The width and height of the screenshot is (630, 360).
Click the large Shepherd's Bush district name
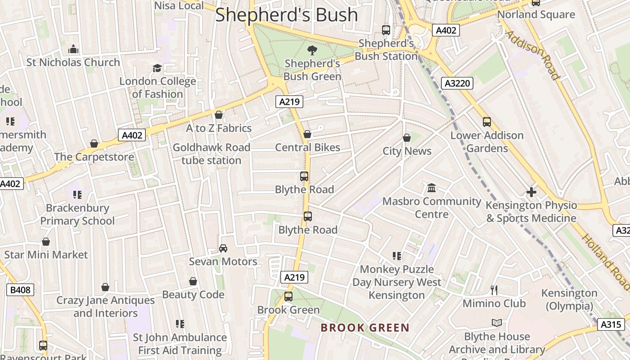287,14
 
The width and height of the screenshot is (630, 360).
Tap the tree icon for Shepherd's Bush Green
312,50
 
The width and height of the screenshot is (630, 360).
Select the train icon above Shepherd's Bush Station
386,30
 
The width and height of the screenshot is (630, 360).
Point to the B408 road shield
20,290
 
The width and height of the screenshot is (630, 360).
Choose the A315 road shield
611,324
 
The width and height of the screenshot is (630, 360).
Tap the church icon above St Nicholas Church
73,49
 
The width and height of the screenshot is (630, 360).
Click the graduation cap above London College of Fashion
157,68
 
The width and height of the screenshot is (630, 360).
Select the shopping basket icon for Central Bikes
307,134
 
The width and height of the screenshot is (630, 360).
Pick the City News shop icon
407,138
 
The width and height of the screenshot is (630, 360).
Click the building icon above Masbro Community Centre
432,188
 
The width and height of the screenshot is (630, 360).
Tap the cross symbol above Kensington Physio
531,192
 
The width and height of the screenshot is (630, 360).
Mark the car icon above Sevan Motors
223,248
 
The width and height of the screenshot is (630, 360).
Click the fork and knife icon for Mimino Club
494,290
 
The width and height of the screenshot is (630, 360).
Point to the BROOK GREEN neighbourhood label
365,328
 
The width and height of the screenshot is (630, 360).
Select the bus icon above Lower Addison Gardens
487,122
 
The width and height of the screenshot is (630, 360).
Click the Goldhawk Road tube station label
211,154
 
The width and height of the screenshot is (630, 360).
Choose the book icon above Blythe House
497,323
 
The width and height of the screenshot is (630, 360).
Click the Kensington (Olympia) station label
569,299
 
